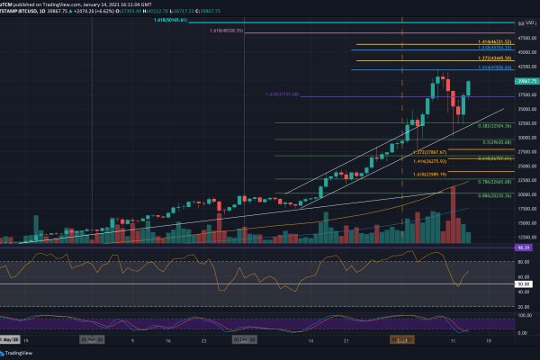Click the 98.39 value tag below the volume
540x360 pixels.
tap(522, 246)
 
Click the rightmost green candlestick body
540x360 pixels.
tap(468, 88)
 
